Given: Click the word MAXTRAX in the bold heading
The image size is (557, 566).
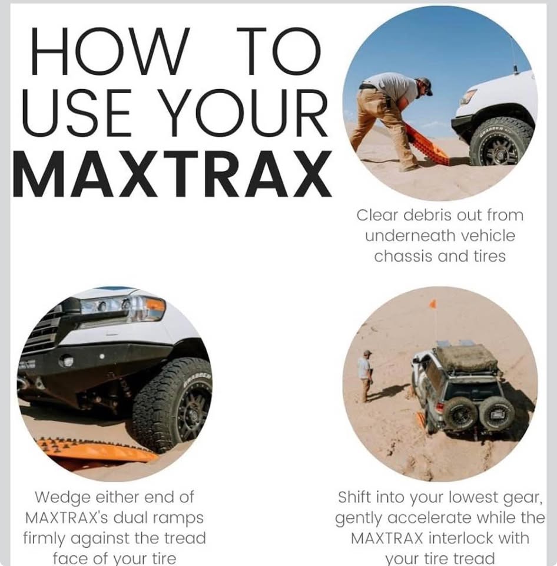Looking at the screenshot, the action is (173, 173).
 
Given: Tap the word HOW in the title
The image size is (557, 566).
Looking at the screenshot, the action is (110, 51).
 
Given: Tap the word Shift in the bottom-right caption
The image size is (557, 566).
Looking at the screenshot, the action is (354, 497).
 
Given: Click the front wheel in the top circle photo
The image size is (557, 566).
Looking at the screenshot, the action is (500, 143).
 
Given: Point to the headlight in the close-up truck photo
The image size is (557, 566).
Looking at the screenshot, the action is (122, 308).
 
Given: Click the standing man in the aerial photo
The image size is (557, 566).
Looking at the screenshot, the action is (366, 376).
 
